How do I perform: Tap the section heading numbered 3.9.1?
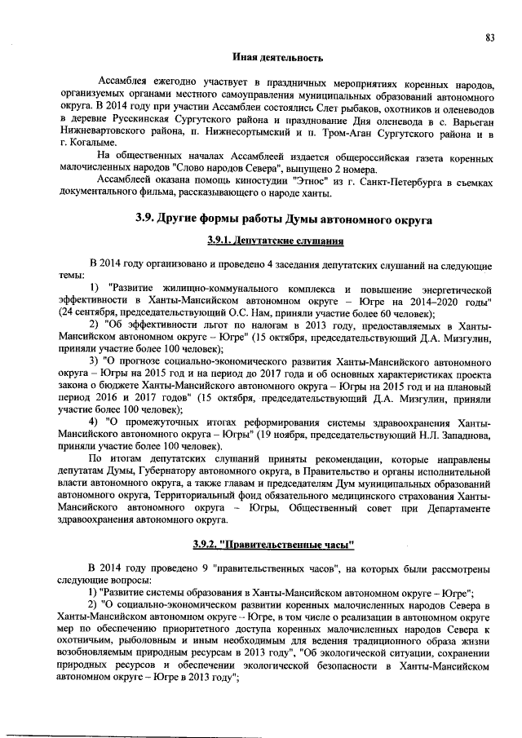coord(274,242)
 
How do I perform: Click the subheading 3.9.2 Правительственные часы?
coord(274,542)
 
